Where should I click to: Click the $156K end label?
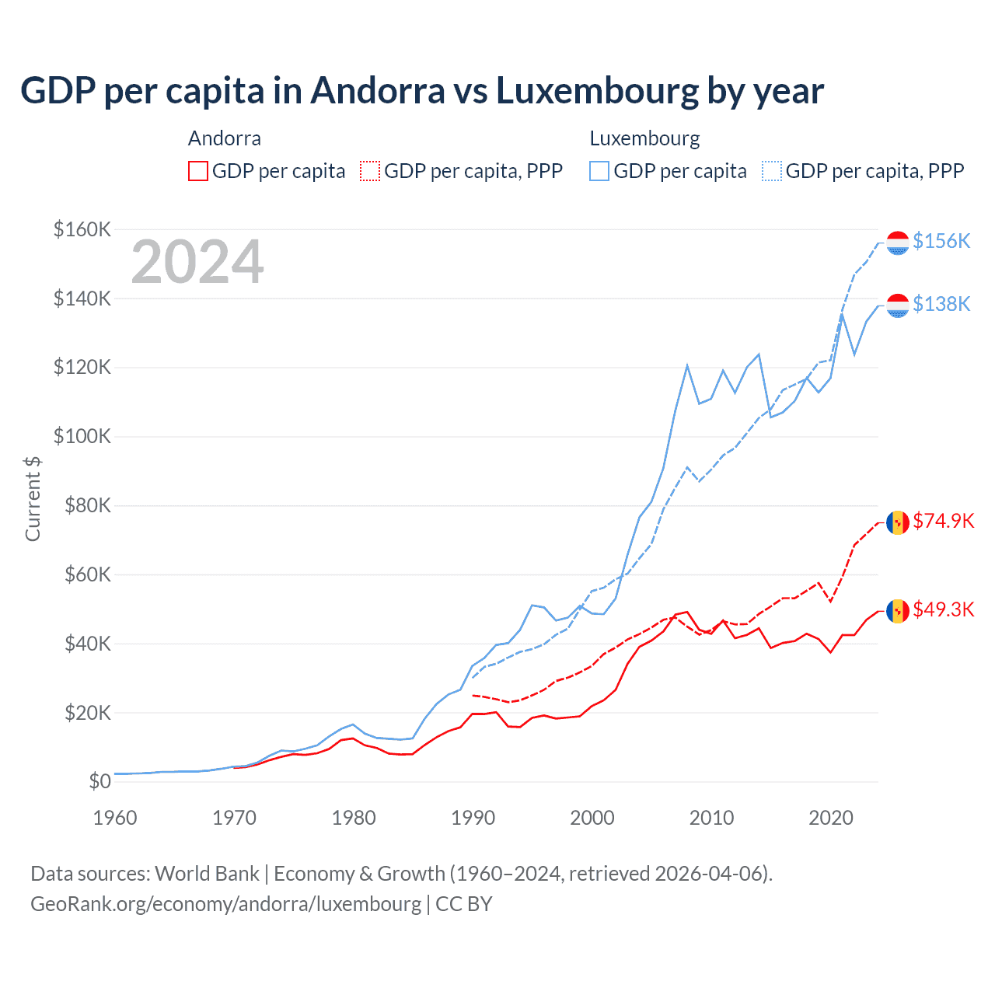(x=941, y=241)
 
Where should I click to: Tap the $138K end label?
(x=941, y=304)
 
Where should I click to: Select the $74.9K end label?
(x=943, y=521)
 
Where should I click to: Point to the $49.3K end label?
(x=943, y=609)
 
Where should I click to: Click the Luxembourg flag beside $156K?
(x=898, y=243)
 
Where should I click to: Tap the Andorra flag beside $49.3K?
(x=898, y=611)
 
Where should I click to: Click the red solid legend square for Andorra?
(x=198, y=171)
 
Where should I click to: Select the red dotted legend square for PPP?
(x=371, y=171)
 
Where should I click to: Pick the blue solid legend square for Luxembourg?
(x=599, y=171)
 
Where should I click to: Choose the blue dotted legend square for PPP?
(x=772, y=171)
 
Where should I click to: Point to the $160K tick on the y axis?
(x=82, y=230)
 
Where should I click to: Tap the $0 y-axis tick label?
(x=99, y=782)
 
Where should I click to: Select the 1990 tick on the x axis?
(x=473, y=818)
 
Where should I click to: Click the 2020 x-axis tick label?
(x=831, y=818)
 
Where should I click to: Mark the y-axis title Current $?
(x=33, y=499)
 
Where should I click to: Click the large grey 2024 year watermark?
(x=197, y=262)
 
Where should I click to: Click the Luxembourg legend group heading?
(x=644, y=138)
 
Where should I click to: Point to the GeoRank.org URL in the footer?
(x=226, y=904)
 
